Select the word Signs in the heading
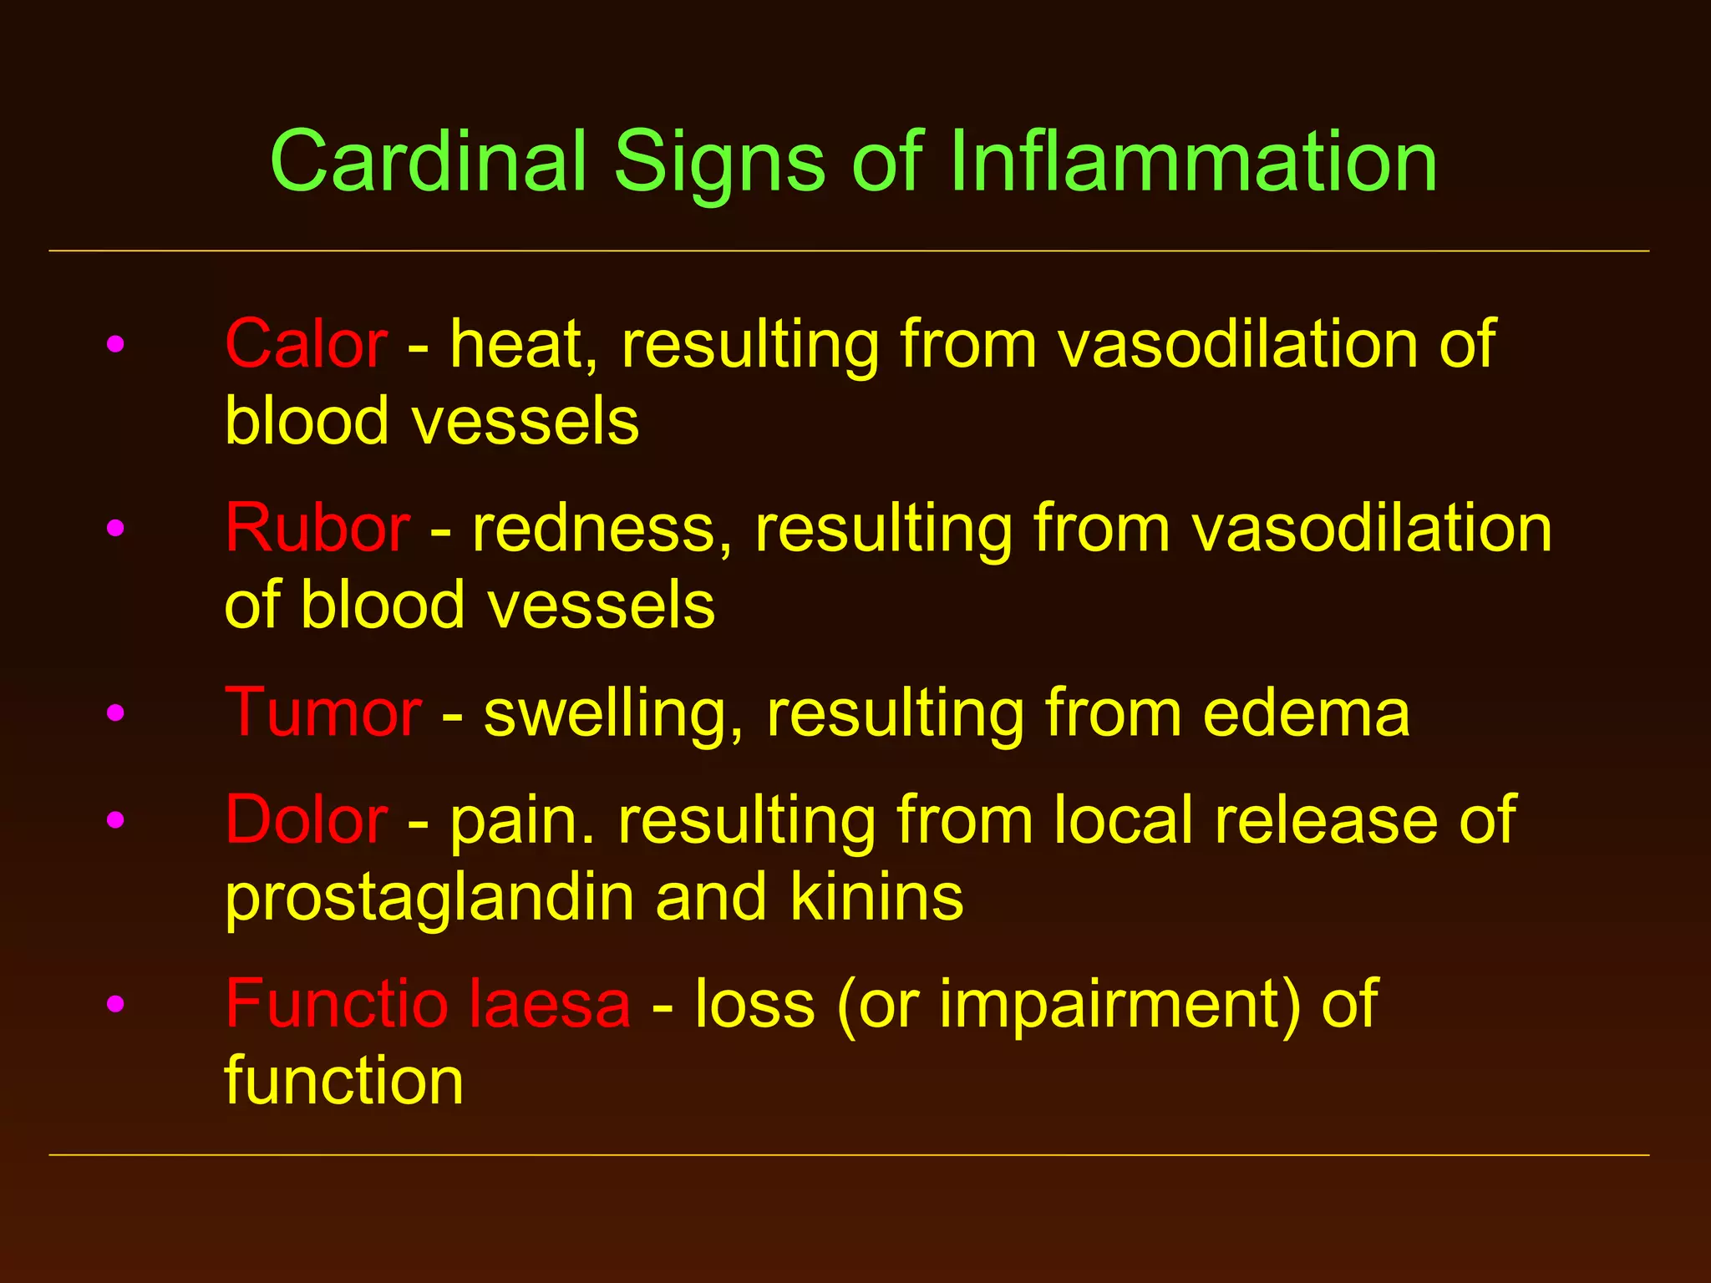719,164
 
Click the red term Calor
306,343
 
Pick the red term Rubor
317,528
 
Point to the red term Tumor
323,712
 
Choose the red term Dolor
306,819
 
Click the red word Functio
337,1003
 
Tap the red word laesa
549,1003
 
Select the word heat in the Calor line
524,343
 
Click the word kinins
876,897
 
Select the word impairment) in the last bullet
1120,1005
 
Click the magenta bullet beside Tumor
115,713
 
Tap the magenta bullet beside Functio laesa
115,1003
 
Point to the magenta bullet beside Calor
115,343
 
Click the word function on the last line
344,1080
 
